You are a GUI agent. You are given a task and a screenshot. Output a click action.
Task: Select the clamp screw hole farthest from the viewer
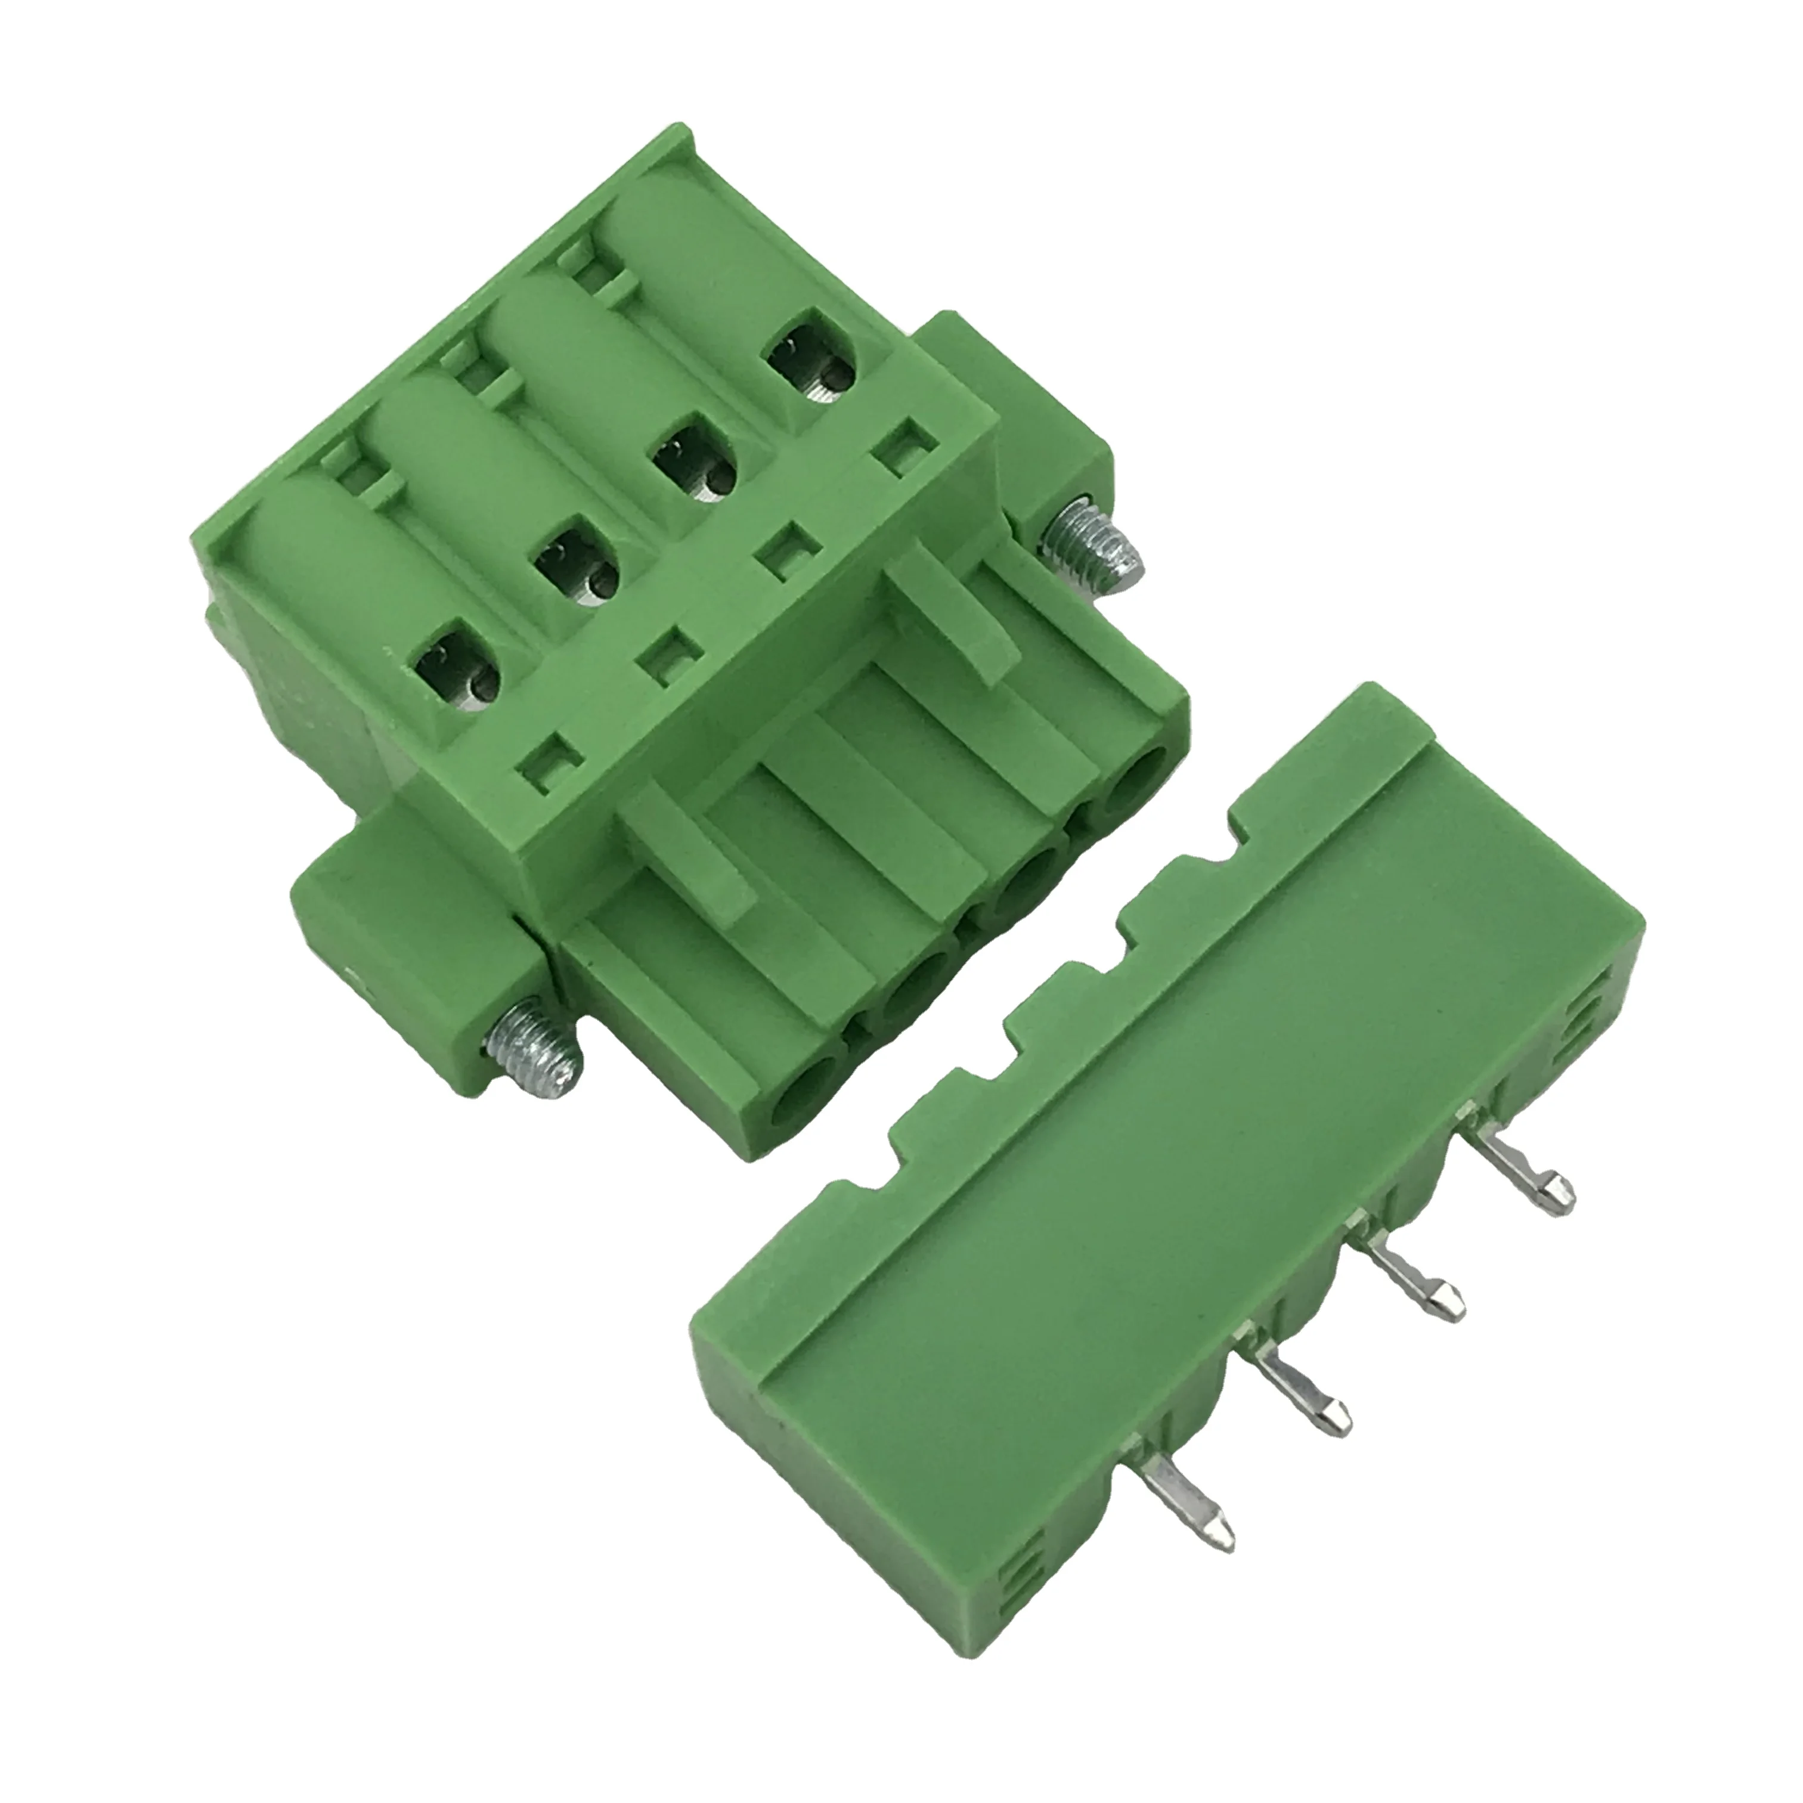tap(811, 367)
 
